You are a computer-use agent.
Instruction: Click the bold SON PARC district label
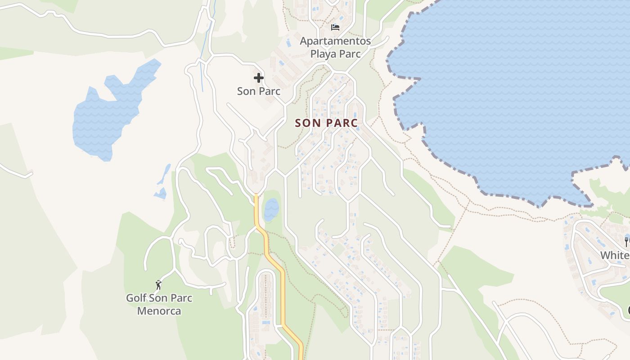[326, 123]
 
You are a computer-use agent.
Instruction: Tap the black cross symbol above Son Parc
[259, 78]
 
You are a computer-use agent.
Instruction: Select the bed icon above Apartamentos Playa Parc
[335, 27]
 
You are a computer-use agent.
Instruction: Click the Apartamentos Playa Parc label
[335, 47]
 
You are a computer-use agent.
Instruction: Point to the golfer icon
[158, 285]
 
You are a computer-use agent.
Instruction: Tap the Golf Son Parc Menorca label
[159, 304]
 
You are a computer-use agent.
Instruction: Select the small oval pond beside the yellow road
[271, 209]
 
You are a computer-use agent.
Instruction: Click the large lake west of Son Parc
[108, 117]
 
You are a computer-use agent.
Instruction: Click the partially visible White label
[615, 255]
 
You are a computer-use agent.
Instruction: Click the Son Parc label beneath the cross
[259, 91]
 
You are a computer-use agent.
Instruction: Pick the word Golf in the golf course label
[136, 298]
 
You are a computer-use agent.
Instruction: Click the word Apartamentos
[335, 41]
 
